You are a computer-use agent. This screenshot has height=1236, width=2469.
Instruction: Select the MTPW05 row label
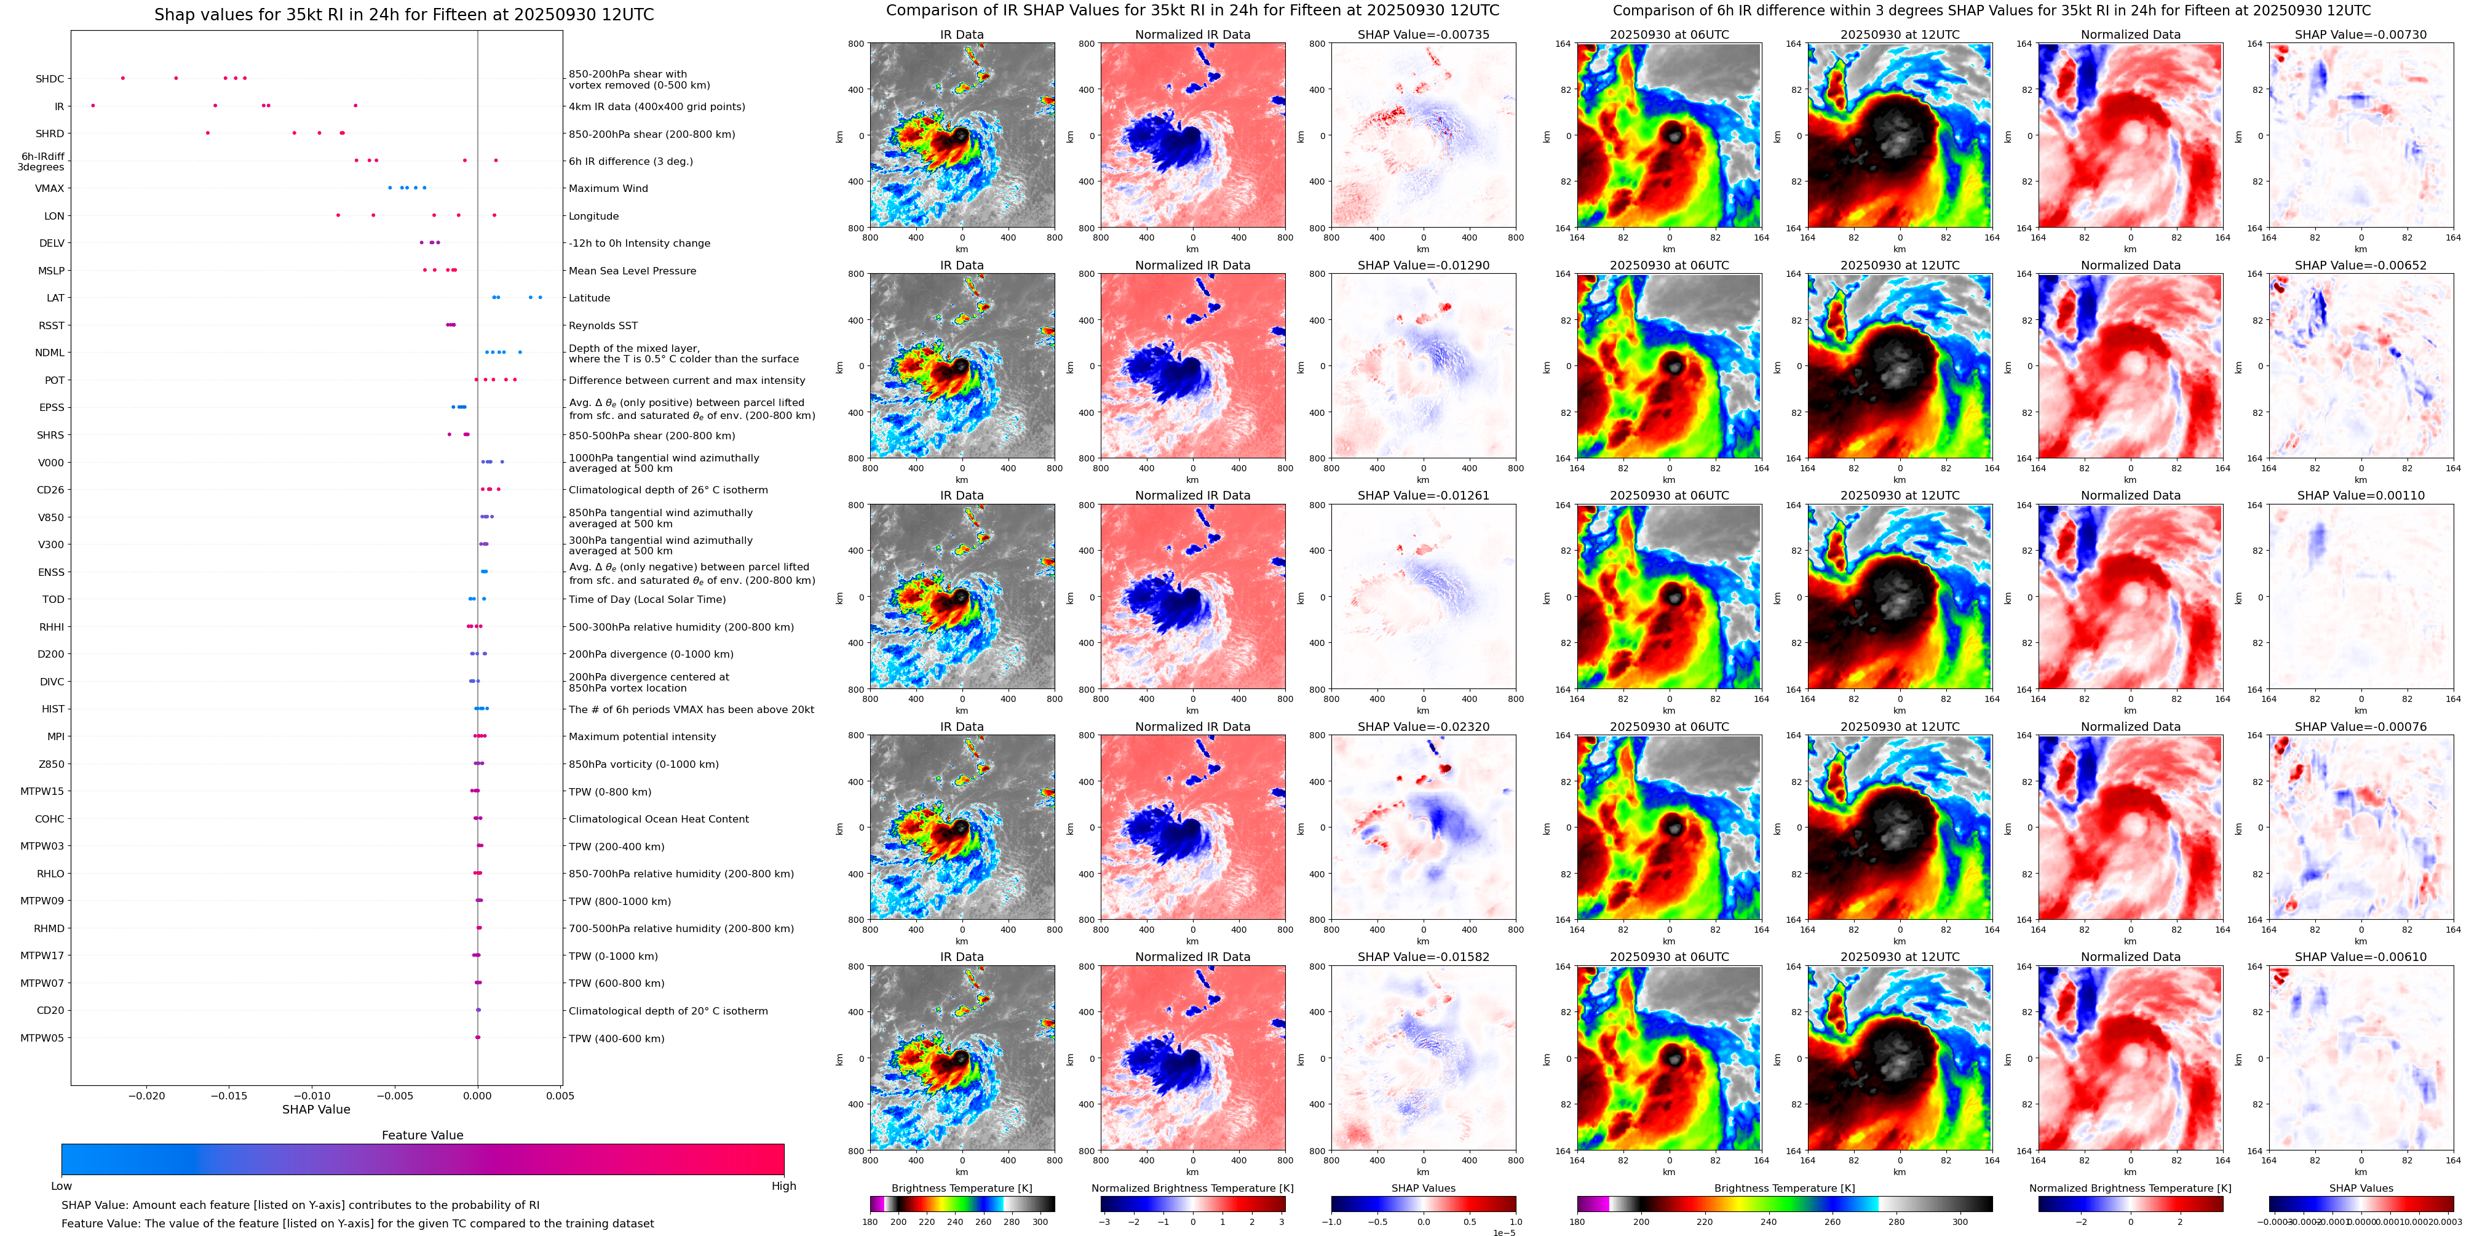tap(42, 1037)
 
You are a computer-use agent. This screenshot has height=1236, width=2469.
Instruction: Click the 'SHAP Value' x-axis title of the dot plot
tap(315, 1109)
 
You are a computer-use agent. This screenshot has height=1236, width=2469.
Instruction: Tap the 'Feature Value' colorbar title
tap(422, 1135)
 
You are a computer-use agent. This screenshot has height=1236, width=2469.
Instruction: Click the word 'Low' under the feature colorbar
tap(61, 1186)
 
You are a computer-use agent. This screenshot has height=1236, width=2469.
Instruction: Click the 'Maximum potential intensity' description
tap(641, 736)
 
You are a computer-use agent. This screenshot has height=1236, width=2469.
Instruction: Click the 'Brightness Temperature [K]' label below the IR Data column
tap(961, 1188)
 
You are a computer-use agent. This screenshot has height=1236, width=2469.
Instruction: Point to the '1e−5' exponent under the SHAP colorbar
tap(1503, 1232)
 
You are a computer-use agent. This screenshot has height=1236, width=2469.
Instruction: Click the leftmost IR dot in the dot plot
tap(93, 105)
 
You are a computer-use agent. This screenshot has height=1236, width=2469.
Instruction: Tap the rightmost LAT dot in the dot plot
tap(541, 297)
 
